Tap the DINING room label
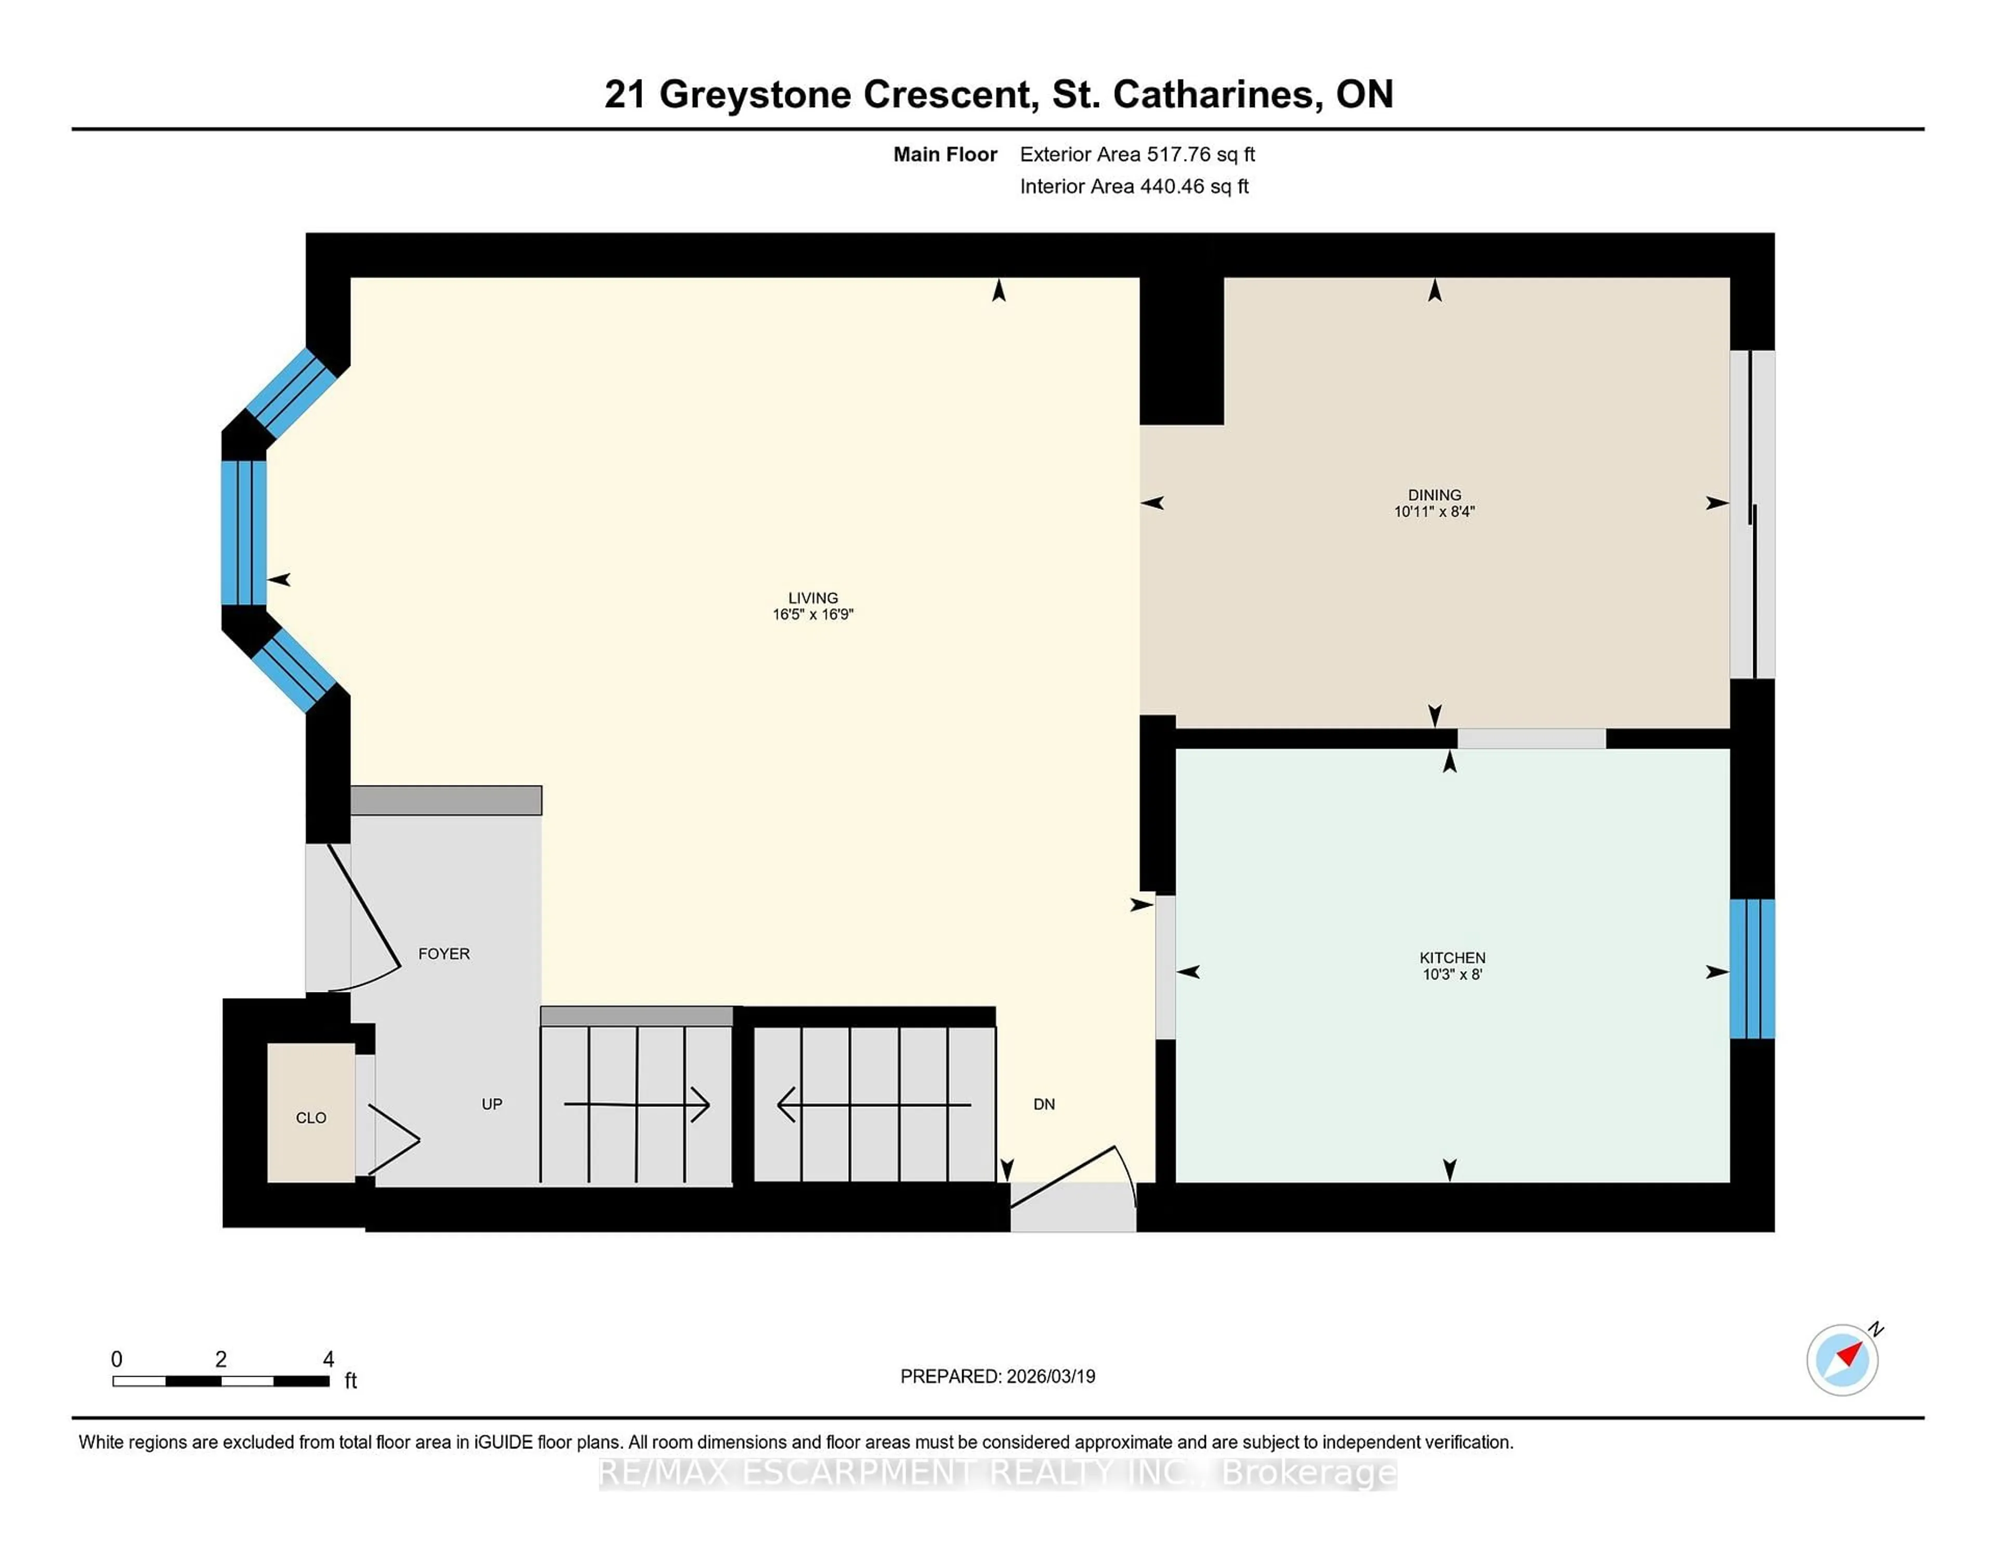[x=1434, y=494]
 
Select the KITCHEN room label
[x=1452, y=957]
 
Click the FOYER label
[x=444, y=953]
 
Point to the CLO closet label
[x=311, y=1117]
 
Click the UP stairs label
[x=492, y=1103]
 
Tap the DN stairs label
[x=1044, y=1103]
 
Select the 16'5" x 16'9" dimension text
[x=812, y=614]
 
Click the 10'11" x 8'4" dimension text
[x=1434, y=512]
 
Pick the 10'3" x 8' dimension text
[x=1452, y=974]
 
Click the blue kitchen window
[x=1752, y=969]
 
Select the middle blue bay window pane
[x=244, y=533]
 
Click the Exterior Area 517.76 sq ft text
[x=1137, y=154]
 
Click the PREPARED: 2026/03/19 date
[x=997, y=1376]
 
